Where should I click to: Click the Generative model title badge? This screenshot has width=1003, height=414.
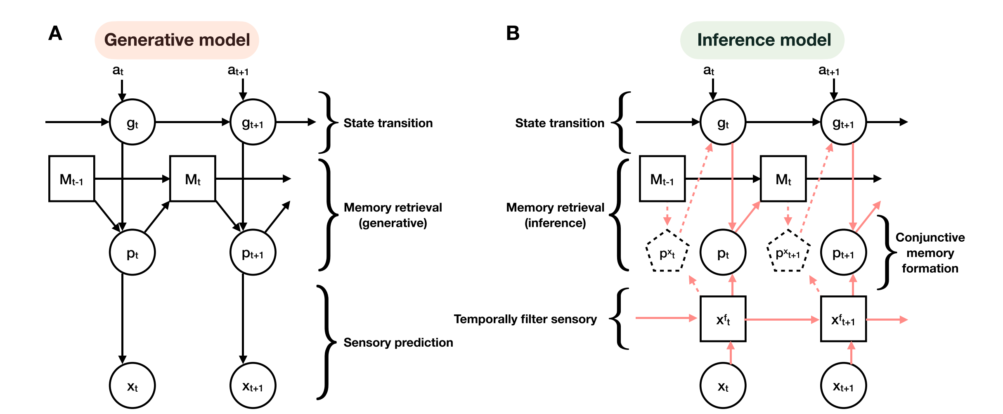(x=177, y=40)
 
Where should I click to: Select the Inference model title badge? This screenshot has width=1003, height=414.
(x=762, y=40)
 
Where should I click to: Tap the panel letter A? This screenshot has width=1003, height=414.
(x=55, y=33)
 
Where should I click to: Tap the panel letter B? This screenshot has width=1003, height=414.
(x=513, y=33)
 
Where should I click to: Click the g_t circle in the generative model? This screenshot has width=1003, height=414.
(x=132, y=122)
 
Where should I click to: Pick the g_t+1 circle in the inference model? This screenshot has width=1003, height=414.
(x=843, y=122)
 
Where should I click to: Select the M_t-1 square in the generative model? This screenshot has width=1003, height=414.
(x=72, y=178)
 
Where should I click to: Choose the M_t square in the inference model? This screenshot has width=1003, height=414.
(x=783, y=178)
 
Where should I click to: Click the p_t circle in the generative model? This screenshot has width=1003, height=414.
(x=132, y=252)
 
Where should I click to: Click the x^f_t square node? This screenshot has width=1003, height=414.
(x=723, y=319)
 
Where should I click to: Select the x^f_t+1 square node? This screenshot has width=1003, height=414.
(x=843, y=319)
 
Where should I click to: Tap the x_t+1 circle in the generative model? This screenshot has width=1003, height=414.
(x=253, y=385)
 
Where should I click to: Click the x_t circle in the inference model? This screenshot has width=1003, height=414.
(x=723, y=385)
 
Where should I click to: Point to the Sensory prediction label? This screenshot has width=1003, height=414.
(x=398, y=343)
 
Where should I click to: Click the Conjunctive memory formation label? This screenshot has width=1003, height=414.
(x=930, y=253)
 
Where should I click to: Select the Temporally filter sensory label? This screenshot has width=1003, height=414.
(x=525, y=319)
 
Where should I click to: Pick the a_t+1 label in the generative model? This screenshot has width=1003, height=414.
(x=238, y=71)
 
